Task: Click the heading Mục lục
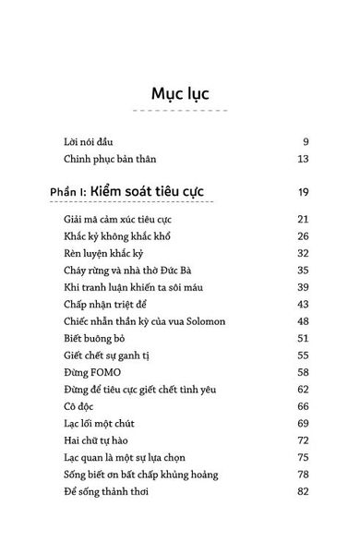179,94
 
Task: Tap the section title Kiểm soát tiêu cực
154,191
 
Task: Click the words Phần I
70,192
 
